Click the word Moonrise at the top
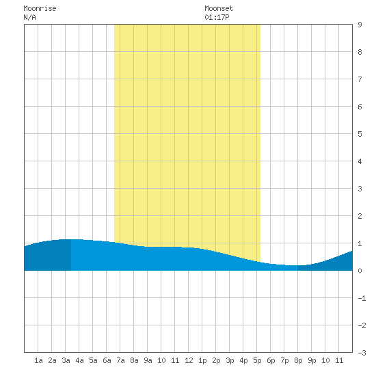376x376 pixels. (40, 8)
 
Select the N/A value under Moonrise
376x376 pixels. (29, 17)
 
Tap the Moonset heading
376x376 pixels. (219, 8)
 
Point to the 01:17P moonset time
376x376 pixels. (217, 17)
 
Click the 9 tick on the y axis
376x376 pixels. (360, 25)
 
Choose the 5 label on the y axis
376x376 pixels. (360, 134)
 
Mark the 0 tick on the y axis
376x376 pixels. (360, 271)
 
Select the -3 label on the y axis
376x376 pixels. (362, 353)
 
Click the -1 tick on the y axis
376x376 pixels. (362, 298)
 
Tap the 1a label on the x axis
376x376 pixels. (38, 360)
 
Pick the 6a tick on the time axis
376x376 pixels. (107, 360)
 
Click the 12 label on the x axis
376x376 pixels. (189, 360)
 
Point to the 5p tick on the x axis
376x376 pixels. (257, 360)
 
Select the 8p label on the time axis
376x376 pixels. (298, 360)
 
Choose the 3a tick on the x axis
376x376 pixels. (66, 360)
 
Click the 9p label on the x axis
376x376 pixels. (312, 360)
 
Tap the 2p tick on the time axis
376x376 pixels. (216, 360)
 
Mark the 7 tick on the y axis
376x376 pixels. (360, 79)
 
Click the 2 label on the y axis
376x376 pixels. (360, 216)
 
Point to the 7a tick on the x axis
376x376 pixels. (120, 360)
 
